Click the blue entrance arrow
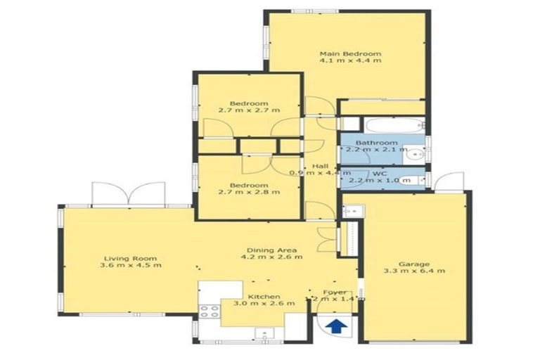click(x=337, y=326)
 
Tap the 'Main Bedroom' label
click(x=350, y=53)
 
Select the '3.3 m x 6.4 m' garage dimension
click(x=414, y=270)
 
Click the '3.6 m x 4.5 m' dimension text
click(x=131, y=266)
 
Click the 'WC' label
click(x=380, y=173)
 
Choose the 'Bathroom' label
click(x=376, y=142)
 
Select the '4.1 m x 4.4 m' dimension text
click(x=350, y=61)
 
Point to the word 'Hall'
click(x=321, y=165)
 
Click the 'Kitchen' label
click(x=264, y=297)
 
